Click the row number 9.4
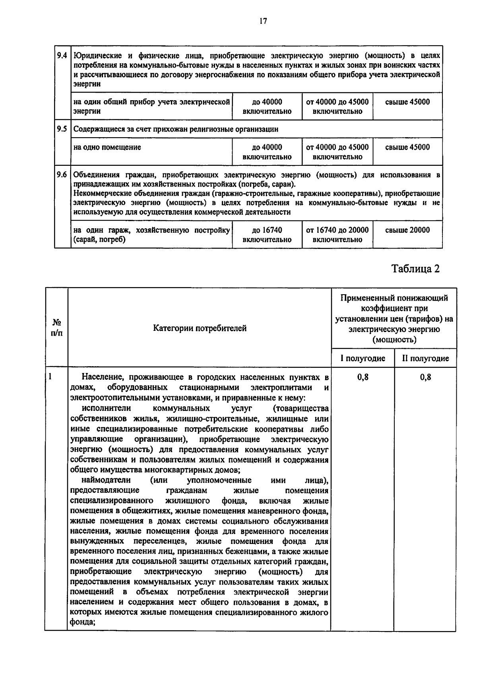pyautogui.click(x=62, y=56)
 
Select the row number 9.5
pyautogui.click(x=62, y=129)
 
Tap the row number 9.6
pyautogui.click(x=62, y=175)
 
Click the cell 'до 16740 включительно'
pyautogui.click(x=267, y=235)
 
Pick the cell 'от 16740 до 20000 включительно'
pyautogui.click(x=337, y=235)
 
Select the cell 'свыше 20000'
pyautogui.click(x=407, y=230)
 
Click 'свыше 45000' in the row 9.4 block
pyautogui.click(x=407, y=102)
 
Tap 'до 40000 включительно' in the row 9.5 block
pyautogui.click(x=267, y=152)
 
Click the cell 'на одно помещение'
pyautogui.click(x=107, y=147)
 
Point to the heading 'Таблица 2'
pyautogui.click(x=416, y=269)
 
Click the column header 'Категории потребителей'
pyautogui.click(x=200, y=328)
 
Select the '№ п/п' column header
pyautogui.click(x=56, y=328)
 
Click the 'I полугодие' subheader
pyautogui.click(x=363, y=358)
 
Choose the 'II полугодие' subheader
pyautogui.click(x=425, y=358)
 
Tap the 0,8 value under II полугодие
pyautogui.click(x=425, y=377)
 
